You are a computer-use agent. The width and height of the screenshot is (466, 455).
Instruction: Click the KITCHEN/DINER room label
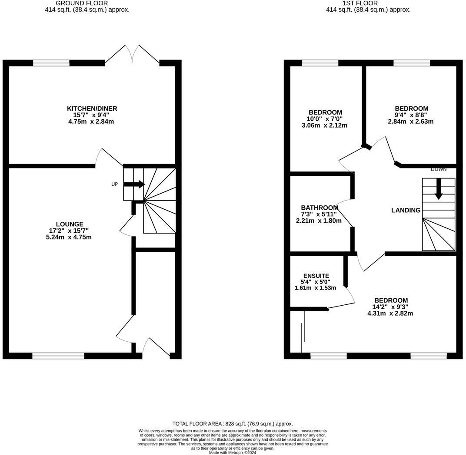92,109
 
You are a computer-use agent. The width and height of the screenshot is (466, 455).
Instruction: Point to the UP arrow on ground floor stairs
134,185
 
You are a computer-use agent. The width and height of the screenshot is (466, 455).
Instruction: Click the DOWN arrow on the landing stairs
439,190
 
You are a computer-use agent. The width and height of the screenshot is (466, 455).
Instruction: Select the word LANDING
406,210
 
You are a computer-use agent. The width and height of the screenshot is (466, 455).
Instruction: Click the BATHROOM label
320,208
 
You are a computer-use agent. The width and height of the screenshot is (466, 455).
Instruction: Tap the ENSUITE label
316,276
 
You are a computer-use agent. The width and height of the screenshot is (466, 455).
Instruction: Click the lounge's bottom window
58,356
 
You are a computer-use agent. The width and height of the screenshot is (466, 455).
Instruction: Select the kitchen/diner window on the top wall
51,63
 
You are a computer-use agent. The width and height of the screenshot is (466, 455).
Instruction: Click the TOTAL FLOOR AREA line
233,424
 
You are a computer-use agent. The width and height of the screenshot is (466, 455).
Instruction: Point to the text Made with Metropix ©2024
233,452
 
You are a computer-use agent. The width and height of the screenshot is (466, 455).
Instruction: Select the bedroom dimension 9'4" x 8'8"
411,115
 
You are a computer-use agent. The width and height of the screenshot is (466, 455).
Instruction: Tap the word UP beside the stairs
115,184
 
